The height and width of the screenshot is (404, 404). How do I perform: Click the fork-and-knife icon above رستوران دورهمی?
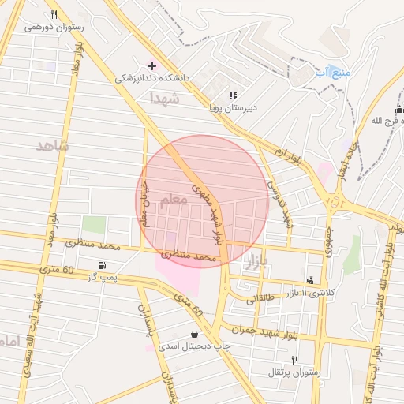coord(54,14)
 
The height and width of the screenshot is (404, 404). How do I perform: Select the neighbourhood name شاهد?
coord(53,145)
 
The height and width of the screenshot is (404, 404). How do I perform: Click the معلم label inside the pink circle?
coord(174,200)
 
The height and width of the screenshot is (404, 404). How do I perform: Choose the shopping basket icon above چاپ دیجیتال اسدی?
coord(194,334)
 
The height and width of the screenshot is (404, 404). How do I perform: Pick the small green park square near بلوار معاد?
coord(94,224)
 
